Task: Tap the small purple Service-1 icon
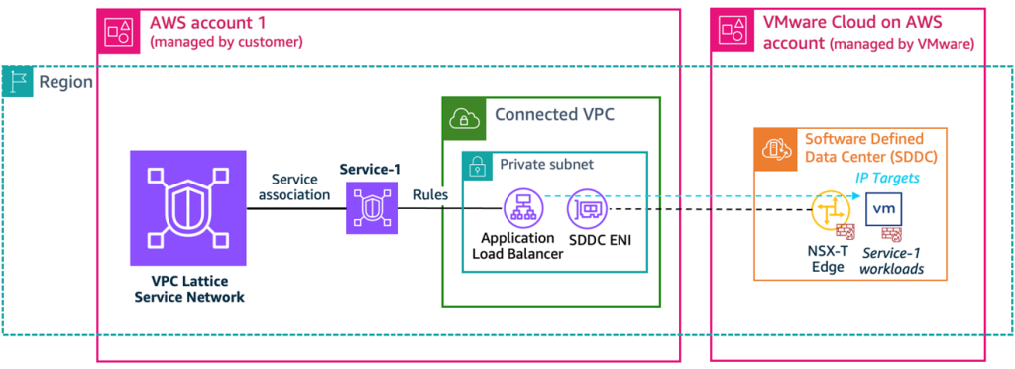tap(370, 208)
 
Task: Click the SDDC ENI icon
tap(585, 209)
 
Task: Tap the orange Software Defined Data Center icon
tap(774, 149)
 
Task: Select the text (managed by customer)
tap(225, 42)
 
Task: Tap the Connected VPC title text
tap(554, 115)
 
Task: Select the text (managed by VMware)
tap(903, 43)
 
